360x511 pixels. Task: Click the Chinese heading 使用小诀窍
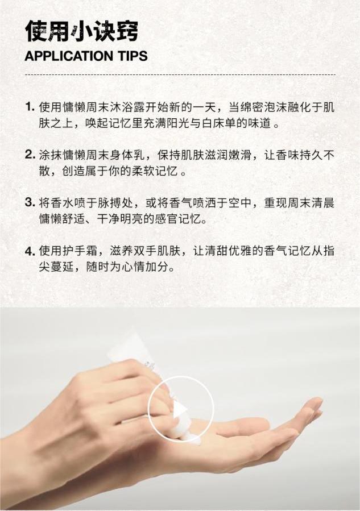tap(82, 31)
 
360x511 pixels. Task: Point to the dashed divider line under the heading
tap(180, 74)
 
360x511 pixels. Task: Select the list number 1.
tap(30, 107)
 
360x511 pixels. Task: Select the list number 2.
tap(30, 155)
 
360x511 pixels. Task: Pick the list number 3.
tap(30, 203)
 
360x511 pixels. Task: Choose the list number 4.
tap(30, 251)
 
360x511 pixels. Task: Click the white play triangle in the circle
tap(180, 410)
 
